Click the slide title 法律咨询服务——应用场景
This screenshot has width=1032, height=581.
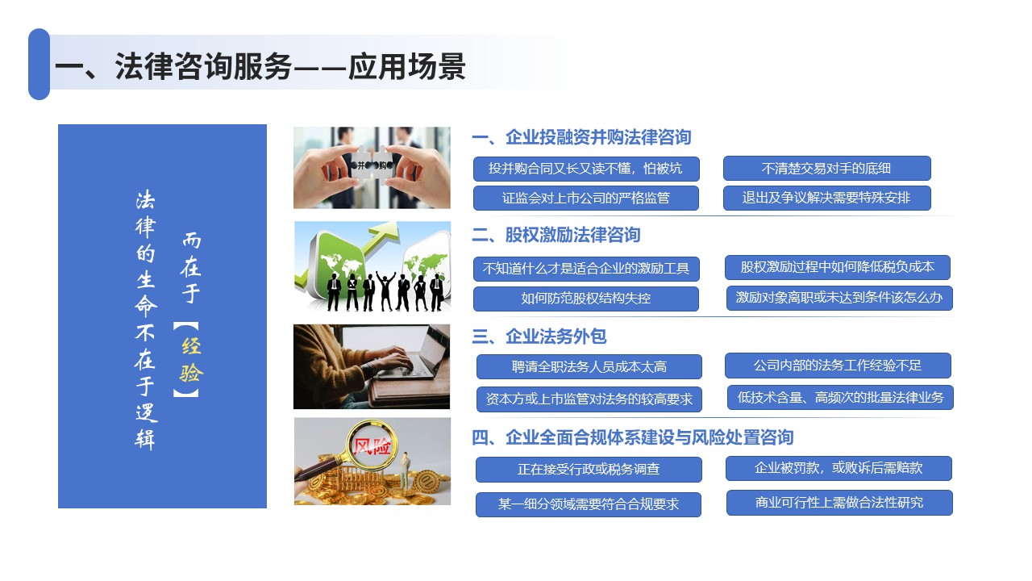260,66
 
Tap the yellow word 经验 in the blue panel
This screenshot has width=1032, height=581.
191,359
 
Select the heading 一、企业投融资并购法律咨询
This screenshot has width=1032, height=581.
581,137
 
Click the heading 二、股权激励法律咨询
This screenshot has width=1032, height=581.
556,235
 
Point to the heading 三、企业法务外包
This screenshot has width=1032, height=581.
539,336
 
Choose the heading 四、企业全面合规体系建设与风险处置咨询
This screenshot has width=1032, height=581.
633,437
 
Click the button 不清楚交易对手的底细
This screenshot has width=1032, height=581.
826,169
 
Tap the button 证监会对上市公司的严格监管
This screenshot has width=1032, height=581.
585,198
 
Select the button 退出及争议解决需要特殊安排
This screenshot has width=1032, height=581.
826,198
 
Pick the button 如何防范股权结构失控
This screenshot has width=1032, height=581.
585,299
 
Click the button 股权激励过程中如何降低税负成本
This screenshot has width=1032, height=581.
837,267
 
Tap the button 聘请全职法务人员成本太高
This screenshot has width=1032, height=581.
589,366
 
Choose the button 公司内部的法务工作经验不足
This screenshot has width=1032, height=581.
838,366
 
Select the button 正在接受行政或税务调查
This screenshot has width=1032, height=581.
589,470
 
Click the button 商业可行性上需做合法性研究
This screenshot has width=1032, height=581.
839,502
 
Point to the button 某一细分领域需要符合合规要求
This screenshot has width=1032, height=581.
589,504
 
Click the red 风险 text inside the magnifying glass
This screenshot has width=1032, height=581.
372,446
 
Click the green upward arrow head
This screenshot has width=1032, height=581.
386,230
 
